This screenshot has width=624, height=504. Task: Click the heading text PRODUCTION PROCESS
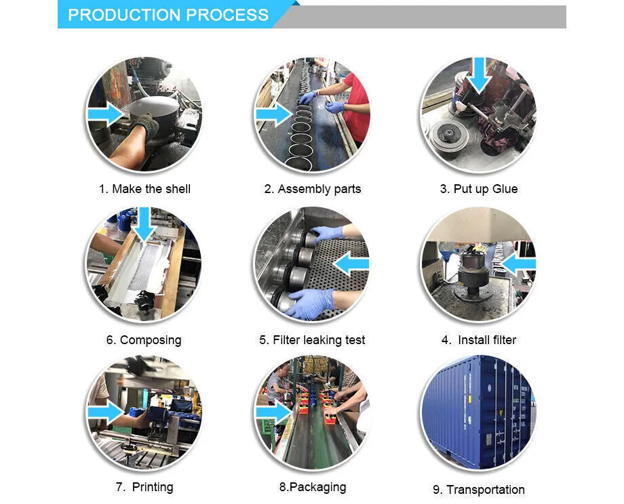coord(168,15)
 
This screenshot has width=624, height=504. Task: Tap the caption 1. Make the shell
coord(145,189)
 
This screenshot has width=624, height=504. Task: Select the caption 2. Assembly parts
coord(313,189)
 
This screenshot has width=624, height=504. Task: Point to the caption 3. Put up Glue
coord(479,189)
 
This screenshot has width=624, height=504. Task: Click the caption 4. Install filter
coord(479,340)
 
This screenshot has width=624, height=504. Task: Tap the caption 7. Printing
coord(144,487)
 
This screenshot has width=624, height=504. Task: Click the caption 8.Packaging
coord(313,487)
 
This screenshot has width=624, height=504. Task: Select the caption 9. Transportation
coord(479,490)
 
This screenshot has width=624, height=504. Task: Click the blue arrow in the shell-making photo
coord(105,114)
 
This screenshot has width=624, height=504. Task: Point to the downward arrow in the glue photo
coord(479,75)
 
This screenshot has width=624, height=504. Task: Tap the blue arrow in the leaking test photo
coord(351,264)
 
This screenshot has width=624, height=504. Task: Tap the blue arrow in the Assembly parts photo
coord(274,114)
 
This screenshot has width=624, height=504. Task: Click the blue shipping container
coord(479,412)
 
